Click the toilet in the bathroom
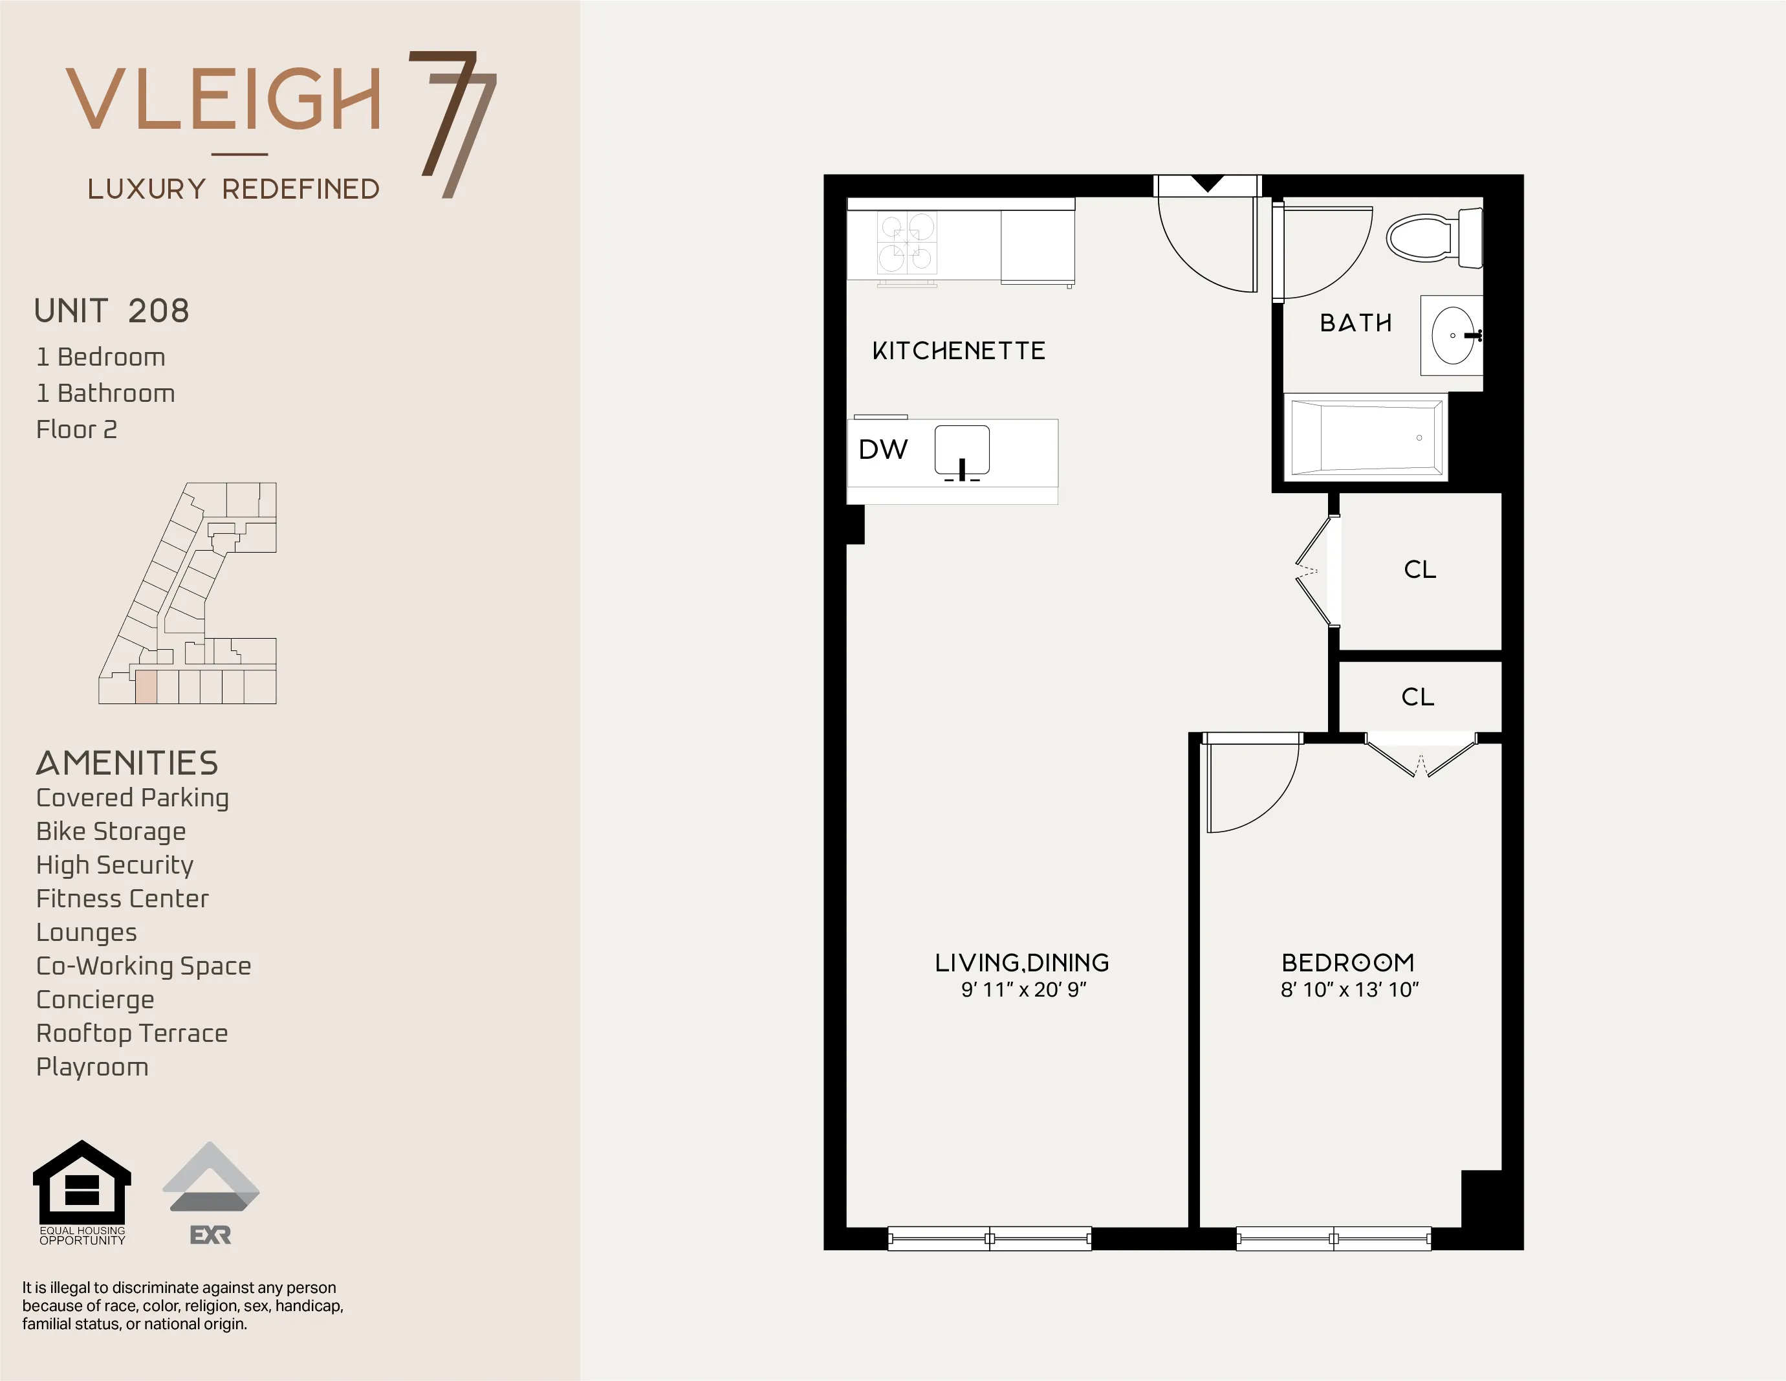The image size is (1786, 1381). click(x=1433, y=238)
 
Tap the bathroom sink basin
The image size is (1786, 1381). click(x=1453, y=335)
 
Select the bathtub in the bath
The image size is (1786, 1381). click(x=1365, y=437)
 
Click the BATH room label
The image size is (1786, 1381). click(x=1355, y=323)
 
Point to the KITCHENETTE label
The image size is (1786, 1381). click(x=959, y=351)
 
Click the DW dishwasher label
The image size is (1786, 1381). click(x=882, y=449)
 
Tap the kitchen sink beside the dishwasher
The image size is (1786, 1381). click(x=962, y=450)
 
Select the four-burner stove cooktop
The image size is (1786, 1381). click(x=907, y=243)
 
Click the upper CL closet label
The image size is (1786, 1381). click(x=1420, y=569)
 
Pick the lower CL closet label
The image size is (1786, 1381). click(x=1417, y=697)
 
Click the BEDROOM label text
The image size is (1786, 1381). click(x=1347, y=962)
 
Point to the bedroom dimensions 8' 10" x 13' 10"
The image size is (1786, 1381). click(x=1349, y=990)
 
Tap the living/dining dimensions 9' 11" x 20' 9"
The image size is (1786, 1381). click(x=1023, y=990)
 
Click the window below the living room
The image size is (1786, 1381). click(x=990, y=1239)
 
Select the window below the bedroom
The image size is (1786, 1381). click(x=1334, y=1239)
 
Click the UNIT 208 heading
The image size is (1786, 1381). click(x=112, y=311)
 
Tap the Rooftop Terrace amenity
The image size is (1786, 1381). click(x=132, y=1033)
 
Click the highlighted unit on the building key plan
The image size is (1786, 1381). click(x=146, y=687)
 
